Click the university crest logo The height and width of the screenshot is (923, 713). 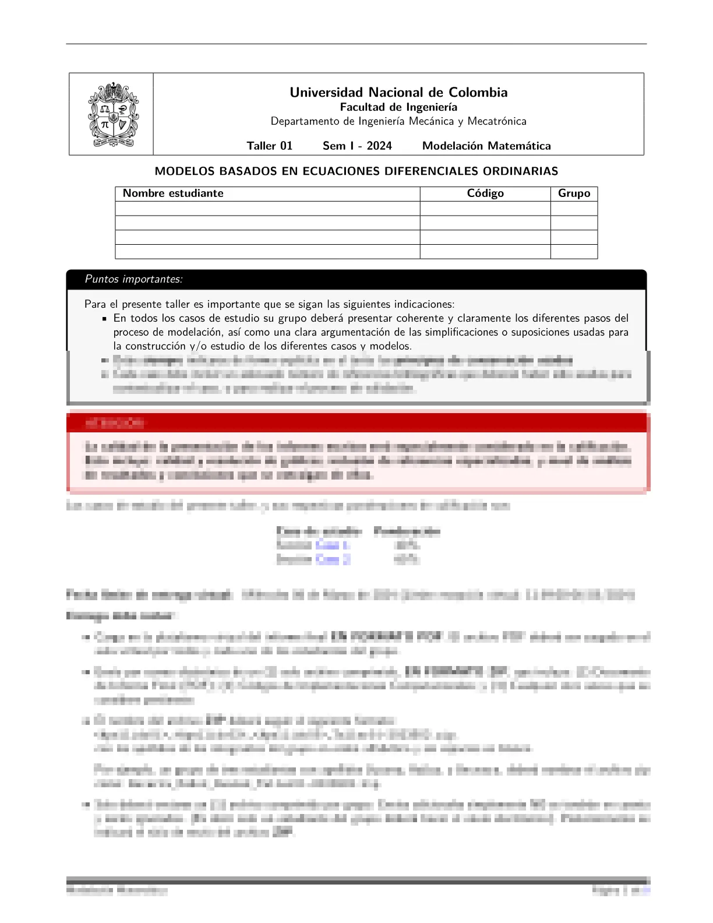(112, 115)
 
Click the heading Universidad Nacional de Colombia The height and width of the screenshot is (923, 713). (398, 92)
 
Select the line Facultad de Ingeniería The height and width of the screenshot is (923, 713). (398, 107)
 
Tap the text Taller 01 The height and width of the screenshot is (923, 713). (269, 146)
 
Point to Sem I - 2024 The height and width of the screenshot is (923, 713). (357, 146)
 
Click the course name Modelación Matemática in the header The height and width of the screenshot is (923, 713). (486, 146)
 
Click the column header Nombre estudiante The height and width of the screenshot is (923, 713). (173, 193)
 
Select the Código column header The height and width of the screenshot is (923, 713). (485, 193)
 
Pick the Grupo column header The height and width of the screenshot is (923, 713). (574, 193)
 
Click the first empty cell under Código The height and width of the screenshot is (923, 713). (485, 209)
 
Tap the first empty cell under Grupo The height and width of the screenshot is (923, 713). (574, 209)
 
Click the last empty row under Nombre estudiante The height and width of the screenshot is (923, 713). (267, 252)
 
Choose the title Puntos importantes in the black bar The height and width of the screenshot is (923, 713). (133, 279)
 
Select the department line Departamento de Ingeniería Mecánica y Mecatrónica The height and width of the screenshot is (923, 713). (398, 121)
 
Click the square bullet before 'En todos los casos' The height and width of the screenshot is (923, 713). (104, 319)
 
